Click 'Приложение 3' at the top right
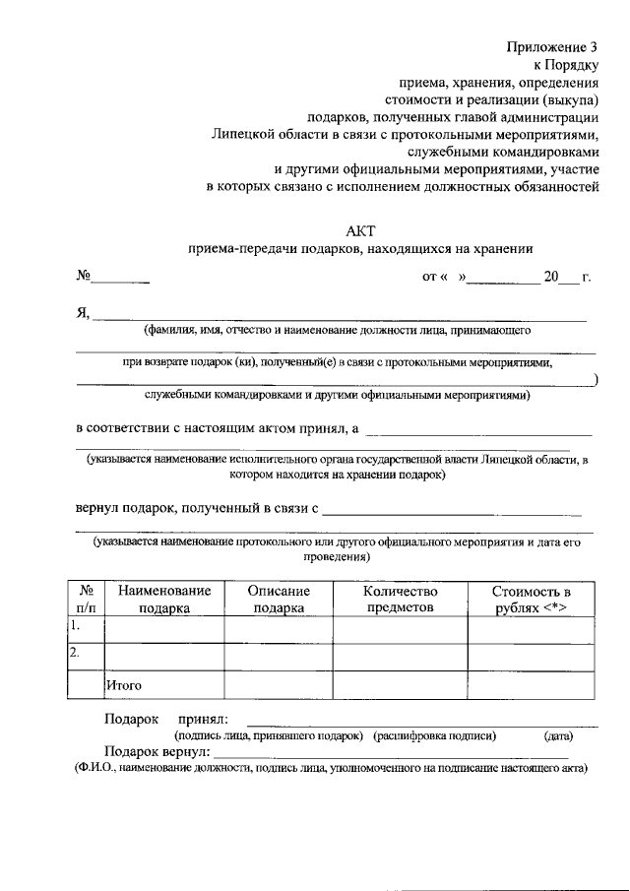click(552, 46)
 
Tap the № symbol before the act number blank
click(84, 277)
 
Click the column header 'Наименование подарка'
click(163, 599)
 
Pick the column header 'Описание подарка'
click(279, 599)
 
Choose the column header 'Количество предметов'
click(400, 599)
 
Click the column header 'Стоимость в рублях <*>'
click(531, 599)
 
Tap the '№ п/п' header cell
click(86, 599)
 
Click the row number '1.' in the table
click(75, 625)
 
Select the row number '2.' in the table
click(75, 653)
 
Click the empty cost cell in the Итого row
click(531, 683)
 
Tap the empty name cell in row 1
click(163, 628)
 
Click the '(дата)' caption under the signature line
click(557, 735)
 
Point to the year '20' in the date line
click(550, 277)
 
